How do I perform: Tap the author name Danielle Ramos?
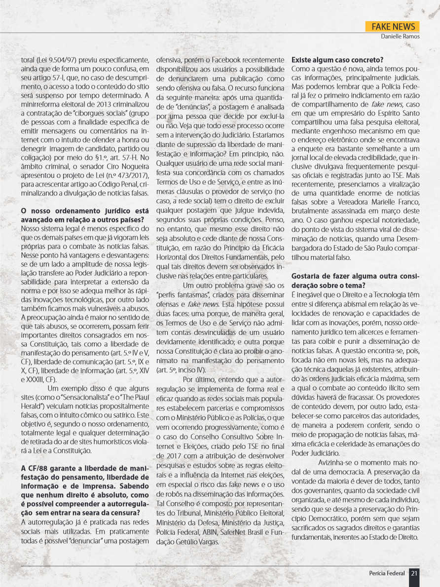(x=400, y=37)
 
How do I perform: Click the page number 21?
(x=414, y=573)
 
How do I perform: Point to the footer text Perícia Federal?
(x=387, y=573)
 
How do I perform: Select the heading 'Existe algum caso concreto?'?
(x=338, y=60)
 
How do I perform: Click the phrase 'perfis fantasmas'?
(x=178, y=294)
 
